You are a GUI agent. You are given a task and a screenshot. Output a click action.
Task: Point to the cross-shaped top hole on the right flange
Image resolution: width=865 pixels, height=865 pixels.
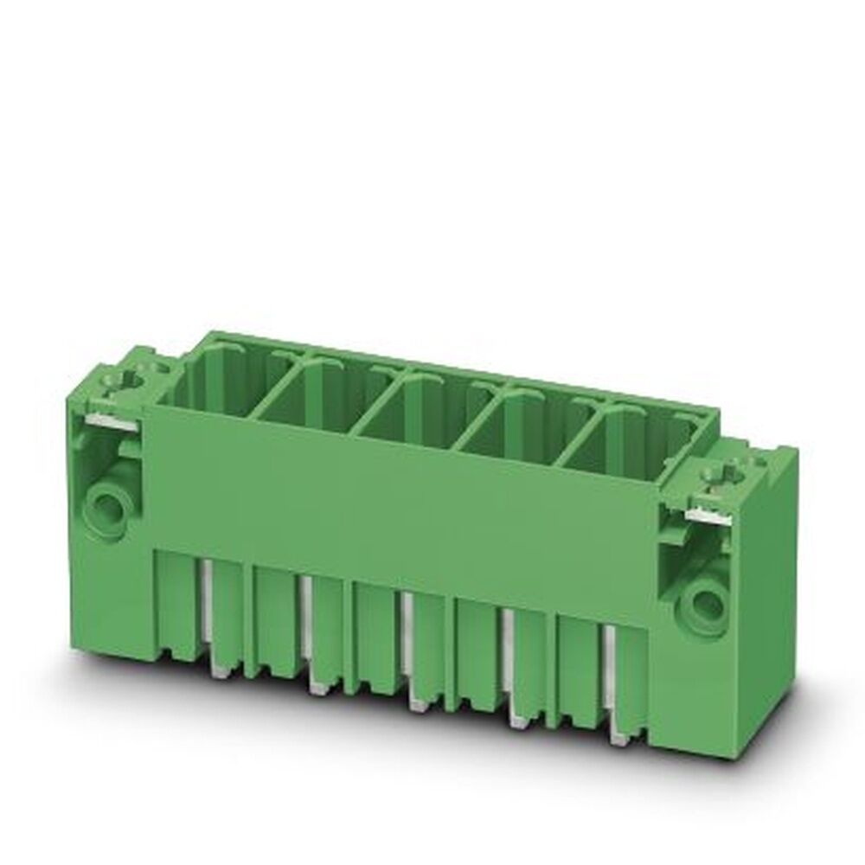[x=723, y=473]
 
